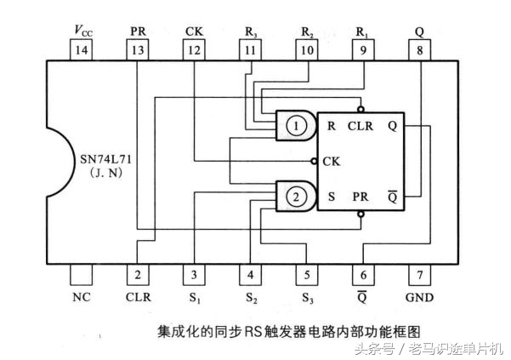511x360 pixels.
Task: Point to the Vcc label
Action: coord(82,31)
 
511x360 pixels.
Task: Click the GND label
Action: coord(419,298)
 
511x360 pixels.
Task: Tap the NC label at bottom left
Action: coord(82,298)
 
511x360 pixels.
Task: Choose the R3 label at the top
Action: coord(250,31)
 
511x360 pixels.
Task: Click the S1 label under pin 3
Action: coord(194,298)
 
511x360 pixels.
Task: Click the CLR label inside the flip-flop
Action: coord(360,126)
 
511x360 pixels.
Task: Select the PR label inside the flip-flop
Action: coord(360,196)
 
